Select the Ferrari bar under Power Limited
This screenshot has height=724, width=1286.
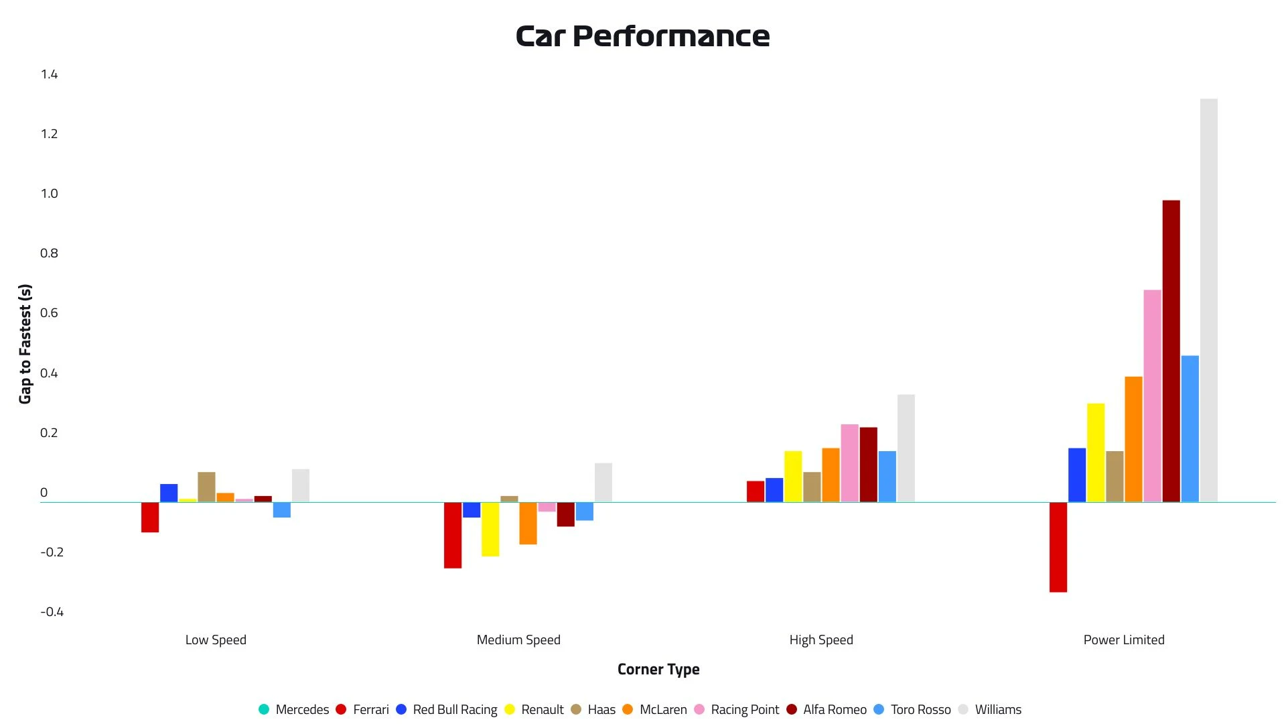coord(1058,547)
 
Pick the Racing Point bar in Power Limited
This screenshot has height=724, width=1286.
coord(1152,396)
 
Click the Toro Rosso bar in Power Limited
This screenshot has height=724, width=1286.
coord(1190,428)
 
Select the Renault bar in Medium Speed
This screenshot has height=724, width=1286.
coord(490,529)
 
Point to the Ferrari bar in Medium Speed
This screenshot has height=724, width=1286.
coord(452,535)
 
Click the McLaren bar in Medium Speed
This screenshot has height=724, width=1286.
coord(528,523)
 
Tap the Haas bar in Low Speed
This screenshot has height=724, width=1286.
coord(206,487)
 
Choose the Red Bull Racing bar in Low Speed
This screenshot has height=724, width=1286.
coord(169,493)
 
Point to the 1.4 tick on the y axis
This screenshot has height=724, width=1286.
coord(49,74)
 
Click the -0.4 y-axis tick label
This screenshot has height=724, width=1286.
coord(52,611)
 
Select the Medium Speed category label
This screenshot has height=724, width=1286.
coord(518,640)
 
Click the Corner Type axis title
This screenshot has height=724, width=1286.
coord(658,669)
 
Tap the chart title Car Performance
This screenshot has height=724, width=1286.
coord(642,36)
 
